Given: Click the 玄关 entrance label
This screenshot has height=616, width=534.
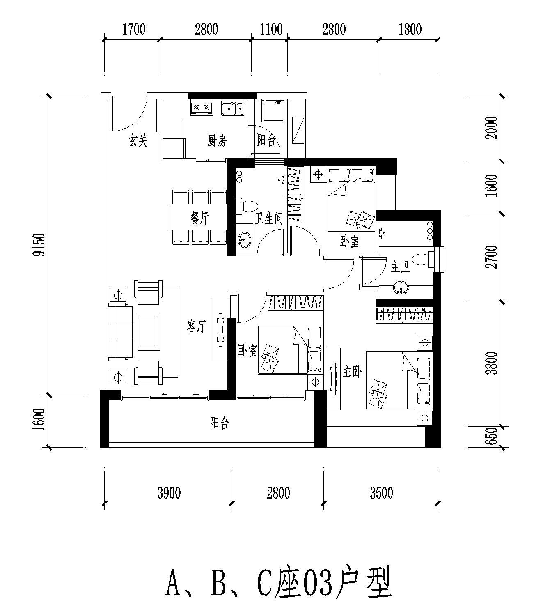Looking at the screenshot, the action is (138, 140).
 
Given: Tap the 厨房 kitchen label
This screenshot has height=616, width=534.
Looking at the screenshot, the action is (217, 140).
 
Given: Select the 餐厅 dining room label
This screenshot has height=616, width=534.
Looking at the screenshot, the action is (199, 218).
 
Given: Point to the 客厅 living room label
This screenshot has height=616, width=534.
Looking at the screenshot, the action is (197, 326).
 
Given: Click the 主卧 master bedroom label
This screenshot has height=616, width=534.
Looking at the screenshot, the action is (352, 372).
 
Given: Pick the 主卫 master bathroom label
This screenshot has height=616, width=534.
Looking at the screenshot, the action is (401, 267).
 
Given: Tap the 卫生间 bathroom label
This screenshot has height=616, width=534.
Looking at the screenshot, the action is (269, 218).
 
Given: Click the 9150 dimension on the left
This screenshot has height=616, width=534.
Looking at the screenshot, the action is (39, 245).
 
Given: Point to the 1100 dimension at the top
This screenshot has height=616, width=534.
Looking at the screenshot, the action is (271, 30).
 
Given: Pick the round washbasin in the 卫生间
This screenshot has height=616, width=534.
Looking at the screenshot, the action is (244, 240).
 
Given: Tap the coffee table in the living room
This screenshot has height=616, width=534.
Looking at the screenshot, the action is (149, 332).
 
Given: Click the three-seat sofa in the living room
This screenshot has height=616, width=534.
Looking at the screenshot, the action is (120, 332).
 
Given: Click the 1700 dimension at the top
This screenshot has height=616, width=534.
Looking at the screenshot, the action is (134, 30).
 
